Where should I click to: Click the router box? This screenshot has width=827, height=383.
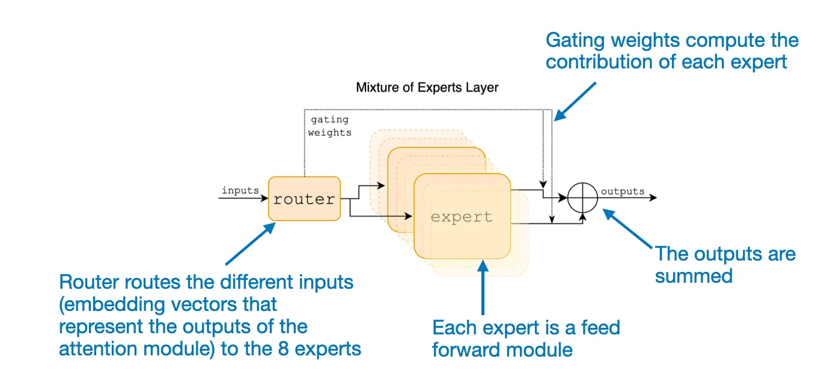(304, 199)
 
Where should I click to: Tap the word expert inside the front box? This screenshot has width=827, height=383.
(462, 217)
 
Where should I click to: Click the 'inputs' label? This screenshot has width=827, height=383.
(240, 190)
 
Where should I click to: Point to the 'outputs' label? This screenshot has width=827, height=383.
(623, 191)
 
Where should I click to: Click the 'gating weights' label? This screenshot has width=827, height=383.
(329, 126)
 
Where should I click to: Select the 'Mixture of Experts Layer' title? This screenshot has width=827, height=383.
(427, 87)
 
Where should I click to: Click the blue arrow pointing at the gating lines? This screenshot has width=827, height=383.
(575, 101)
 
